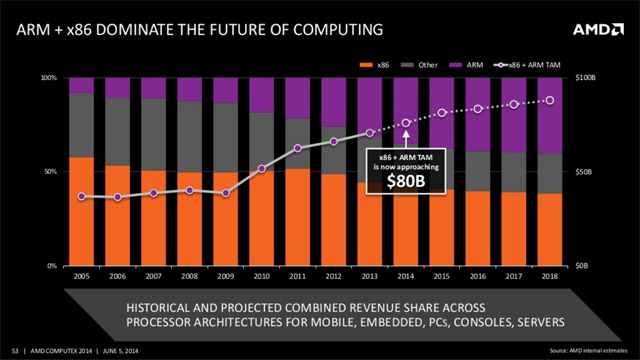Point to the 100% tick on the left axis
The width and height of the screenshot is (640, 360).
coord(47,77)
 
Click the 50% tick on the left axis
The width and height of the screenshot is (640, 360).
coord(49,172)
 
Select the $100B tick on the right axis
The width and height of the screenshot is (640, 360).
coord(582,77)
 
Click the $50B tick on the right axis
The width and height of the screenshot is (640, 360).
coord(581,172)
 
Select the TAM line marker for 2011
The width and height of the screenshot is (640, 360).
coord(298,148)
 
